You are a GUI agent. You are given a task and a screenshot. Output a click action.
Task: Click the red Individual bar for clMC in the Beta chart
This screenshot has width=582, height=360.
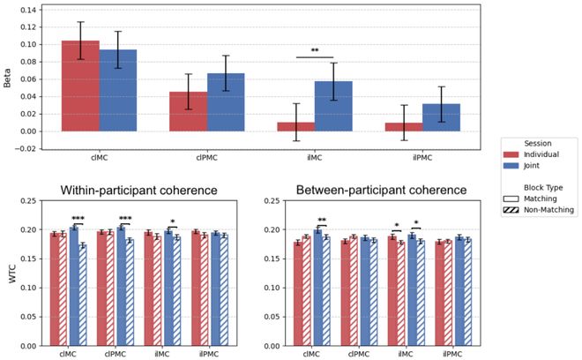point(80,86)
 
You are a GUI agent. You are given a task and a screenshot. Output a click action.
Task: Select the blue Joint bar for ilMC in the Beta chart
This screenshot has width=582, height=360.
point(333,106)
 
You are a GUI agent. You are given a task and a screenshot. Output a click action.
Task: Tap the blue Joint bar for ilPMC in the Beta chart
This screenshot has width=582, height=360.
point(441,117)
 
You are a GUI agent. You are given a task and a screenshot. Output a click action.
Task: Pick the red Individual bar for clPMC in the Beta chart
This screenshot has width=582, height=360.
point(188,111)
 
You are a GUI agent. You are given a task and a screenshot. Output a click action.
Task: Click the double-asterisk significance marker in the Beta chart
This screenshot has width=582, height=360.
point(315,50)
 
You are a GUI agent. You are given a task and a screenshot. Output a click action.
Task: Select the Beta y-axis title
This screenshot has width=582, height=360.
point(7,78)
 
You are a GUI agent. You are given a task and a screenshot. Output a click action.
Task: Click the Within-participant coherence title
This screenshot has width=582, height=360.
point(138,191)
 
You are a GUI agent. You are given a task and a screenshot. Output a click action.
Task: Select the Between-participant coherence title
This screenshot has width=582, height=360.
point(381,190)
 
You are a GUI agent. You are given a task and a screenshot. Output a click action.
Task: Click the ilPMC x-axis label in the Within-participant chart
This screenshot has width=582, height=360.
point(209,354)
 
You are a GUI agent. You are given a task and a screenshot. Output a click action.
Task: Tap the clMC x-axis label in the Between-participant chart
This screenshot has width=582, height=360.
point(311,354)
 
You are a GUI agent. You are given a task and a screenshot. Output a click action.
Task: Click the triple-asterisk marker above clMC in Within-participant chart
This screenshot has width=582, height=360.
point(78,218)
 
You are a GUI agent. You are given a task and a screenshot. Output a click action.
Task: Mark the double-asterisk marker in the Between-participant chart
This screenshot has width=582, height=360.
point(322,220)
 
